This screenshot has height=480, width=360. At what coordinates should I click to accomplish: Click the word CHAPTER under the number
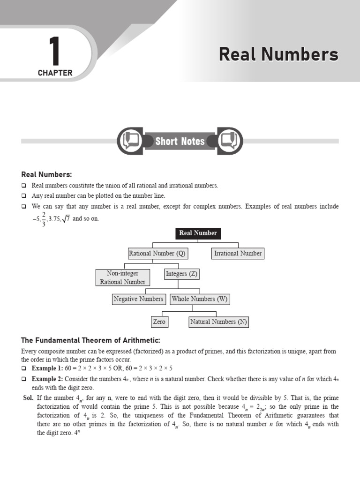tap(55, 73)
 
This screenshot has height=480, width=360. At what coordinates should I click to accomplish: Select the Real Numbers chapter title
tap(278, 54)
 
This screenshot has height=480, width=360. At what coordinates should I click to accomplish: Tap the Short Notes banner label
tap(180, 141)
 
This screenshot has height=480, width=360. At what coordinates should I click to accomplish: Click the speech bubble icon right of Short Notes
tap(230, 140)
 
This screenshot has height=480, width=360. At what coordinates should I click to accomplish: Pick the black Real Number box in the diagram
tap(198, 233)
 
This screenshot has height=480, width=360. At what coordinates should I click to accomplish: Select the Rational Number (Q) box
tap(157, 254)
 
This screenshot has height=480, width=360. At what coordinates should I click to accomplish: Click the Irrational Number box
tap(238, 254)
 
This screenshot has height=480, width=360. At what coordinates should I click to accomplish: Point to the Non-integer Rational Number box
tap(122, 277)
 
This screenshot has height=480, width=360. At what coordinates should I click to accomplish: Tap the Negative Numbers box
tap(138, 299)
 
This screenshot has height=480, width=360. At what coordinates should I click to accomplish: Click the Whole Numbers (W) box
tap(200, 299)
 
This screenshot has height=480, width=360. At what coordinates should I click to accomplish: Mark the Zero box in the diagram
tap(159, 322)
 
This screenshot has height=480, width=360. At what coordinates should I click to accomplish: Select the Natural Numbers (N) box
tap(218, 322)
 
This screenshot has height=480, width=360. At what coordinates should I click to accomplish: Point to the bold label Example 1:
tap(47, 368)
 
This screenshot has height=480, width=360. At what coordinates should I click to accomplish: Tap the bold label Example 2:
tap(47, 379)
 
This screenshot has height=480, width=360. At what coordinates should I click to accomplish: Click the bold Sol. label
tap(28, 397)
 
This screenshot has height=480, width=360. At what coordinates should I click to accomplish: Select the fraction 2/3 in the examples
tap(44, 218)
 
